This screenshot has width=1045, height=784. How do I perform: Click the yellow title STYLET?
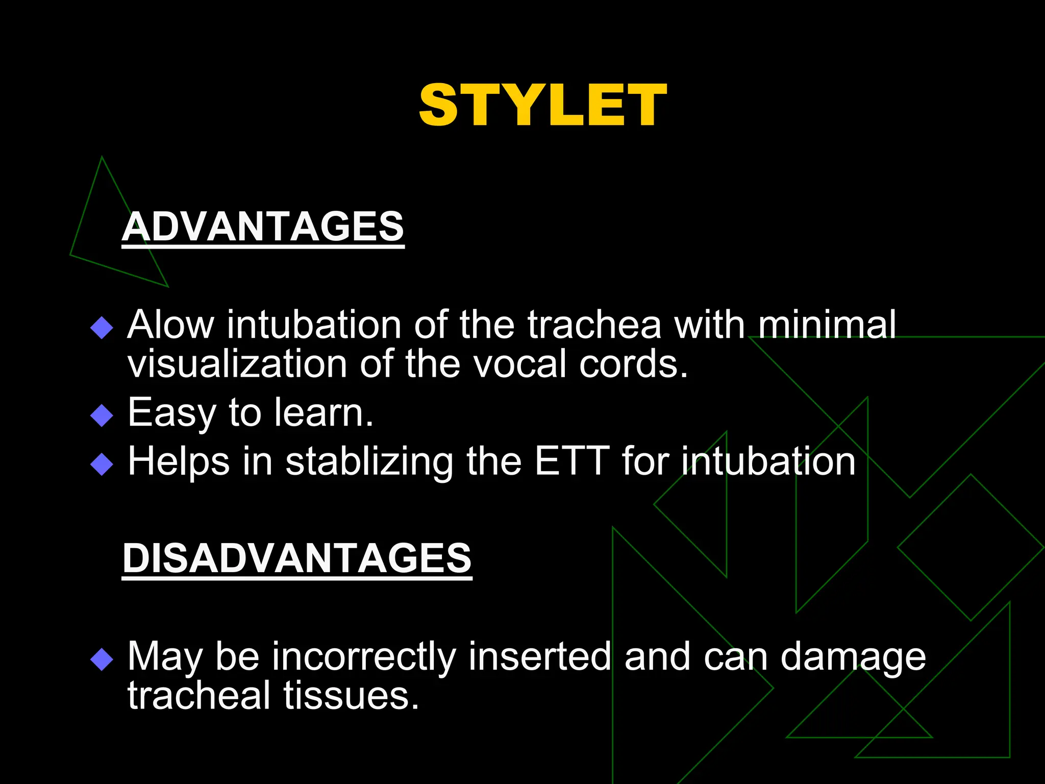coord(542,106)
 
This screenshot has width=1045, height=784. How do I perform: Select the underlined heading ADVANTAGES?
coord(263,227)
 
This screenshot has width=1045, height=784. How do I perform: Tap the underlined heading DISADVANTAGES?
coord(297,558)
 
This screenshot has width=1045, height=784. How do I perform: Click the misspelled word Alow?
coord(171,325)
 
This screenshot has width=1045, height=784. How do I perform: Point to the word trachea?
coord(594,325)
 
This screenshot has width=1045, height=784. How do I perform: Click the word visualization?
coord(237,364)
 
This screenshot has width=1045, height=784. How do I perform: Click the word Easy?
coord(171,413)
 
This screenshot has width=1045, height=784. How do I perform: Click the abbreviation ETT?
coord(572,461)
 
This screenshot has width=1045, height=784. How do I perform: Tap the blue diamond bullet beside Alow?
coord(102,328)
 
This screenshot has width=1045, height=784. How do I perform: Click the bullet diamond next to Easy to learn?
coord(102,415)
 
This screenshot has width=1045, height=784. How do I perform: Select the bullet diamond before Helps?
coord(102,464)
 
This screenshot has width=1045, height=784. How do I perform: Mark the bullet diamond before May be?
coord(102,659)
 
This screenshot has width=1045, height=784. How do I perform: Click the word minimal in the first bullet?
coord(827,325)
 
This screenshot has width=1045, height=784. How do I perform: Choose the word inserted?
coord(539,656)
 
